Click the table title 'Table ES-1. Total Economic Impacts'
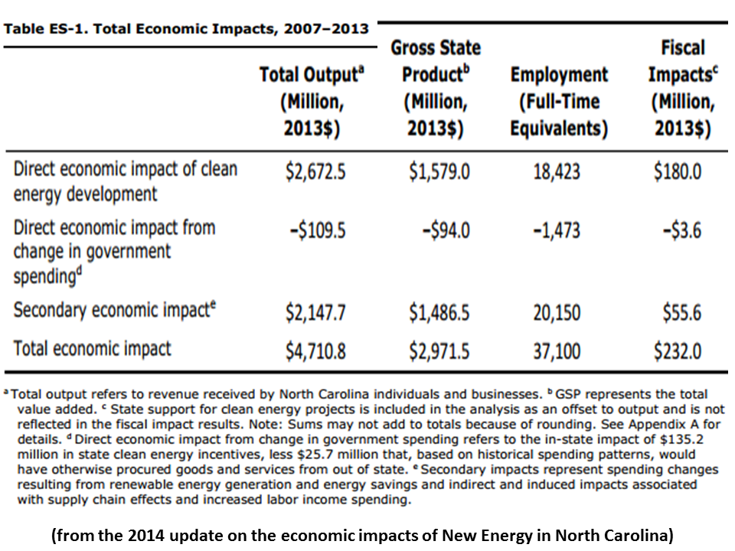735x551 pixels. [x=186, y=30]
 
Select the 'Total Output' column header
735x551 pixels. [x=310, y=102]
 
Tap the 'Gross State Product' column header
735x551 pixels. [x=435, y=88]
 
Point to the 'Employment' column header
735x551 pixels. [x=559, y=102]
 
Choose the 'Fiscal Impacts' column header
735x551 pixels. [x=681, y=88]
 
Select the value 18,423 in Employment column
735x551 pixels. [x=557, y=171]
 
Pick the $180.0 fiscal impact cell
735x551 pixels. [x=678, y=171]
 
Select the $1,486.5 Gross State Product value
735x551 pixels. [x=439, y=313]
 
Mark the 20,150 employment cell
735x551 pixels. [x=557, y=313]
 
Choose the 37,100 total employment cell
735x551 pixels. [x=557, y=351]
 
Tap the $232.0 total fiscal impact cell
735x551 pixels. [x=678, y=351]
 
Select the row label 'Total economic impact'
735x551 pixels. [x=92, y=349]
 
